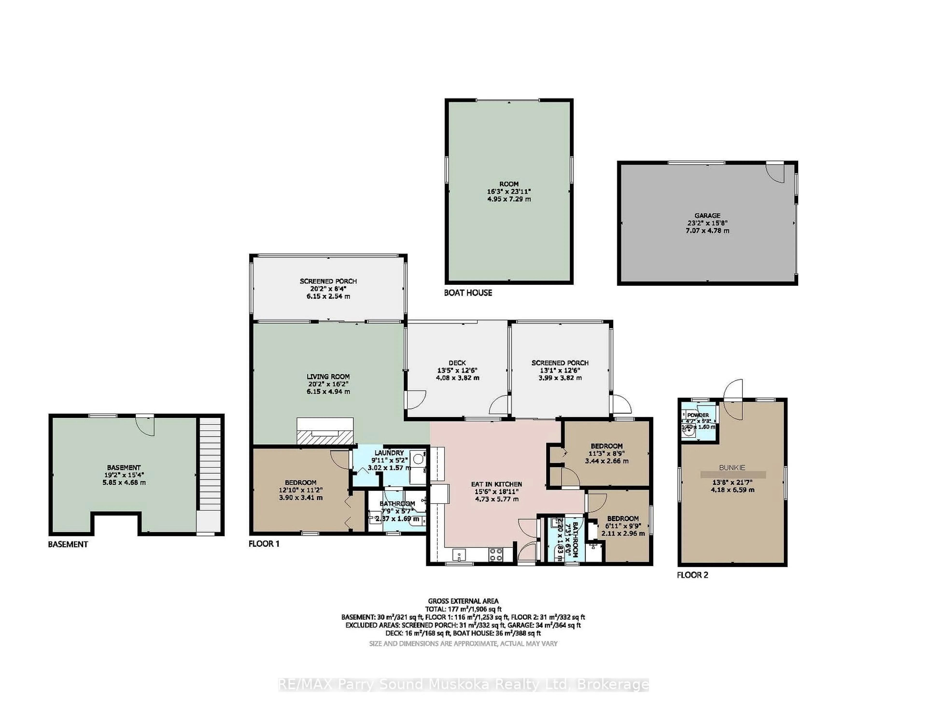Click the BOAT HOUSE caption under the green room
(x=468, y=293)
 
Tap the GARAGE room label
(x=707, y=215)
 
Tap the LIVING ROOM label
(x=328, y=377)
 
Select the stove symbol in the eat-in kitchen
(x=496, y=554)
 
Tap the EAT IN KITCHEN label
(x=496, y=484)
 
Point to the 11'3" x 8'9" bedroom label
(x=607, y=446)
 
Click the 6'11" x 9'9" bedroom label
(x=623, y=518)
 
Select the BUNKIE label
(x=732, y=468)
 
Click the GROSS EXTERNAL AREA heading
(x=463, y=601)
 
